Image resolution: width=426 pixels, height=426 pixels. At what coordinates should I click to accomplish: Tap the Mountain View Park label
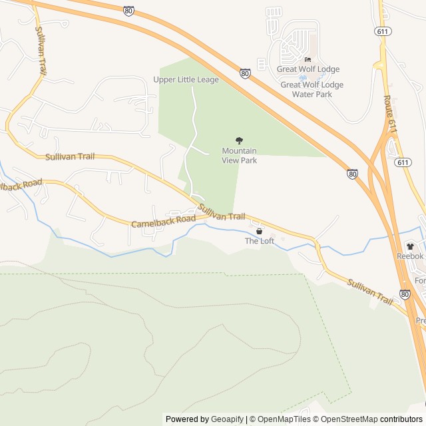[239, 155]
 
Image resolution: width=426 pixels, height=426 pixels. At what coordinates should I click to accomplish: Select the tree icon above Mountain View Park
[239, 140]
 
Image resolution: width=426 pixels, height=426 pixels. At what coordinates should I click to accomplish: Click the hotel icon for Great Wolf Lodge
[308, 59]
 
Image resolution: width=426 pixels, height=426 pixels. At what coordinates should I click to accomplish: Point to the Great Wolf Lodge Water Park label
[312, 89]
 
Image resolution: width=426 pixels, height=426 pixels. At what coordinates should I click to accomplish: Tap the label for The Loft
[260, 241]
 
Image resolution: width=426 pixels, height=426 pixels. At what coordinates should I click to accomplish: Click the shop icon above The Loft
[259, 231]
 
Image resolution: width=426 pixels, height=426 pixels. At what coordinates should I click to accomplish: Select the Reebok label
[410, 256]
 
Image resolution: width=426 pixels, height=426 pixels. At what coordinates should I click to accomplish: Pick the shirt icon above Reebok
[410, 246]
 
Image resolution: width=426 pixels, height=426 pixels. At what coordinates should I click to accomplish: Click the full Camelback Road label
[163, 222]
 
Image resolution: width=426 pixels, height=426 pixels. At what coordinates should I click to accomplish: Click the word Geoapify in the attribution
[227, 419]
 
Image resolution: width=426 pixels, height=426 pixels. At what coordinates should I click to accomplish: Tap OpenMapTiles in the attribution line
[283, 419]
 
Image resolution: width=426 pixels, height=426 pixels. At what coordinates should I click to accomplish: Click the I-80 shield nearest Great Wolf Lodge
[245, 73]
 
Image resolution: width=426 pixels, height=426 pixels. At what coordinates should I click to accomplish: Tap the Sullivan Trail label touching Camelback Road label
[222, 214]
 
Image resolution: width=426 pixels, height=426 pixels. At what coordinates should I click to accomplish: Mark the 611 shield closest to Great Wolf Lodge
[383, 31]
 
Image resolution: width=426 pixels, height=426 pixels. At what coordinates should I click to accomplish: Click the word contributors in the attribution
[401, 419]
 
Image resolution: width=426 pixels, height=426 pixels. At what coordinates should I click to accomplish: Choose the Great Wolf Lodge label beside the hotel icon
[308, 69]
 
